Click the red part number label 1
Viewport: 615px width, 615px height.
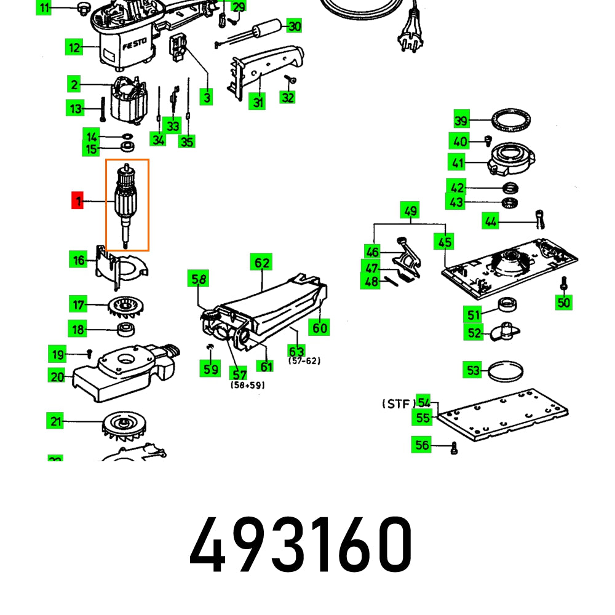pos(77,201)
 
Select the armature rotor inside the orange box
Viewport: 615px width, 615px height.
pos(127,203)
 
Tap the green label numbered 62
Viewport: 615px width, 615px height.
pos(262,263)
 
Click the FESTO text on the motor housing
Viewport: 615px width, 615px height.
pos(134,46)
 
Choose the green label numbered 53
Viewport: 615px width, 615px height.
pos(472,370)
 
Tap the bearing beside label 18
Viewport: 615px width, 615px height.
pos(125,329)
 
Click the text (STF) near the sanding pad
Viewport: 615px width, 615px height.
pos(399,404)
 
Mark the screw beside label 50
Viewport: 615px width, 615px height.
pos(564,285)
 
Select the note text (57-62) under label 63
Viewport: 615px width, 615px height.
pos(304,361)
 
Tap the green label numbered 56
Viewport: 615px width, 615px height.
pos(421,445)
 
